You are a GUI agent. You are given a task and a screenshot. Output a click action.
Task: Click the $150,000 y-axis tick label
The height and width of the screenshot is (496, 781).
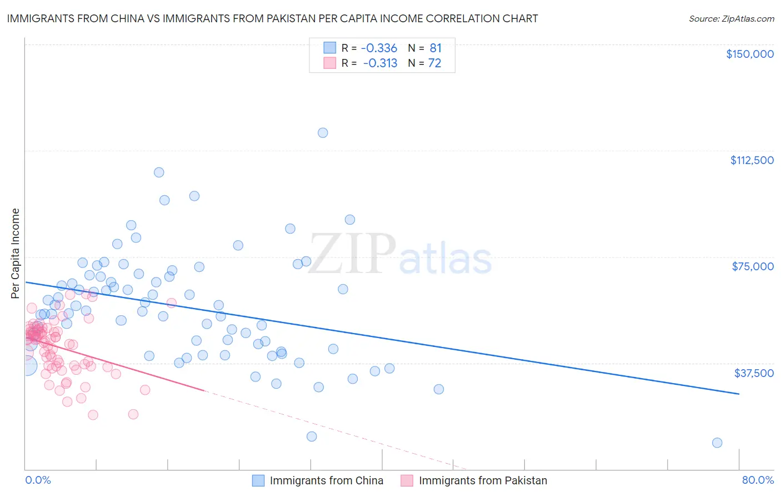(x=749, y=54)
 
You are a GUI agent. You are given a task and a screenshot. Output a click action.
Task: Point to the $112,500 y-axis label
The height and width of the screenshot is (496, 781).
(x=752, y=160)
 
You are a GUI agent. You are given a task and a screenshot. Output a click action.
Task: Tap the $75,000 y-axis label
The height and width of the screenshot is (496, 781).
(x=753, y=266)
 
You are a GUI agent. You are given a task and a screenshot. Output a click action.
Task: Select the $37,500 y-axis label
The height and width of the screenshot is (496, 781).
(x=754, y=373)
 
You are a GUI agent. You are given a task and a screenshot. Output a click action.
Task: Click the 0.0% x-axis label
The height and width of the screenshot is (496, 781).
(x=38, y=480)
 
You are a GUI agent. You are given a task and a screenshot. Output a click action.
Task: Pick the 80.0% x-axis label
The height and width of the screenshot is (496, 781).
(x=758, y=480)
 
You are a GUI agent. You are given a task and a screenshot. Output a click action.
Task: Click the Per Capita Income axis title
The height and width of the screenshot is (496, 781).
(x=16, y=253)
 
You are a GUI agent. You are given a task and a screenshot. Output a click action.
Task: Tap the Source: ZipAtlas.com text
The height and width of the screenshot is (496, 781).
(x=731, y=18)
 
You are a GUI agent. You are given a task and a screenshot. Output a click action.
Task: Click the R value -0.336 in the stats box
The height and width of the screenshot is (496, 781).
(x=379, y=48)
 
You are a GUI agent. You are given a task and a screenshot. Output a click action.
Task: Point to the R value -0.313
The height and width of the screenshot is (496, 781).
(x=380, y=63)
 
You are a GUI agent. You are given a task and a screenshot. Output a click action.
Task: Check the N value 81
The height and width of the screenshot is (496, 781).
(x=435, y=48)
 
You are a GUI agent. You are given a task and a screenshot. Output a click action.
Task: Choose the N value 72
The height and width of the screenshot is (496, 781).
(x=434, y=63)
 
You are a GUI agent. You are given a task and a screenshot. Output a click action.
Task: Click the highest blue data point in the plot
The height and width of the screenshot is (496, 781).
(x=323, y=133)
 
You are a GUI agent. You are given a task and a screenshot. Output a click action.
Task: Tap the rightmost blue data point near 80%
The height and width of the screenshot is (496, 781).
(x=717, y=443)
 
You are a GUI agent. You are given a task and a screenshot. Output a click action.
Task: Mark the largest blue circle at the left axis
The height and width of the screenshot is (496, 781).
(x=27, y=365)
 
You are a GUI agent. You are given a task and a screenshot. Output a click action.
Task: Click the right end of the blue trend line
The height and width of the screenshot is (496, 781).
(x=739, y=394)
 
